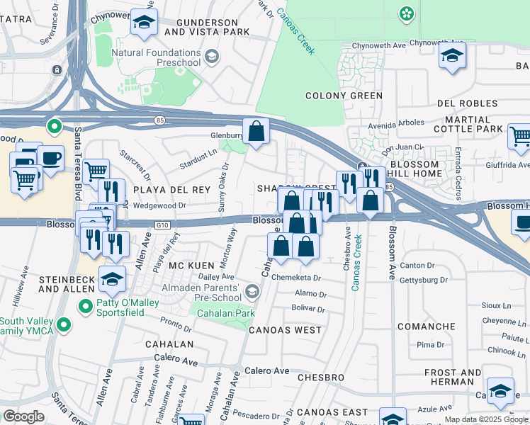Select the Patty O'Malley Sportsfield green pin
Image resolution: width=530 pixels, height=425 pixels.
coord(85,307)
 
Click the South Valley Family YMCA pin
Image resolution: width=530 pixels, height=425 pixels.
coord(64,325)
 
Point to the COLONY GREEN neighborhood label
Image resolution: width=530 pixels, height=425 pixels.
coord(344,96)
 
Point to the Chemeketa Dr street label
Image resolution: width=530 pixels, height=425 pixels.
coord(296,278)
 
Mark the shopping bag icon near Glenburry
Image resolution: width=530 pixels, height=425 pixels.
coord(256,131)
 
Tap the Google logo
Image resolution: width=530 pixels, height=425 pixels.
coord(23,416)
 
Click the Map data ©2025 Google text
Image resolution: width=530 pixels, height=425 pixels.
coord(486,419)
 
